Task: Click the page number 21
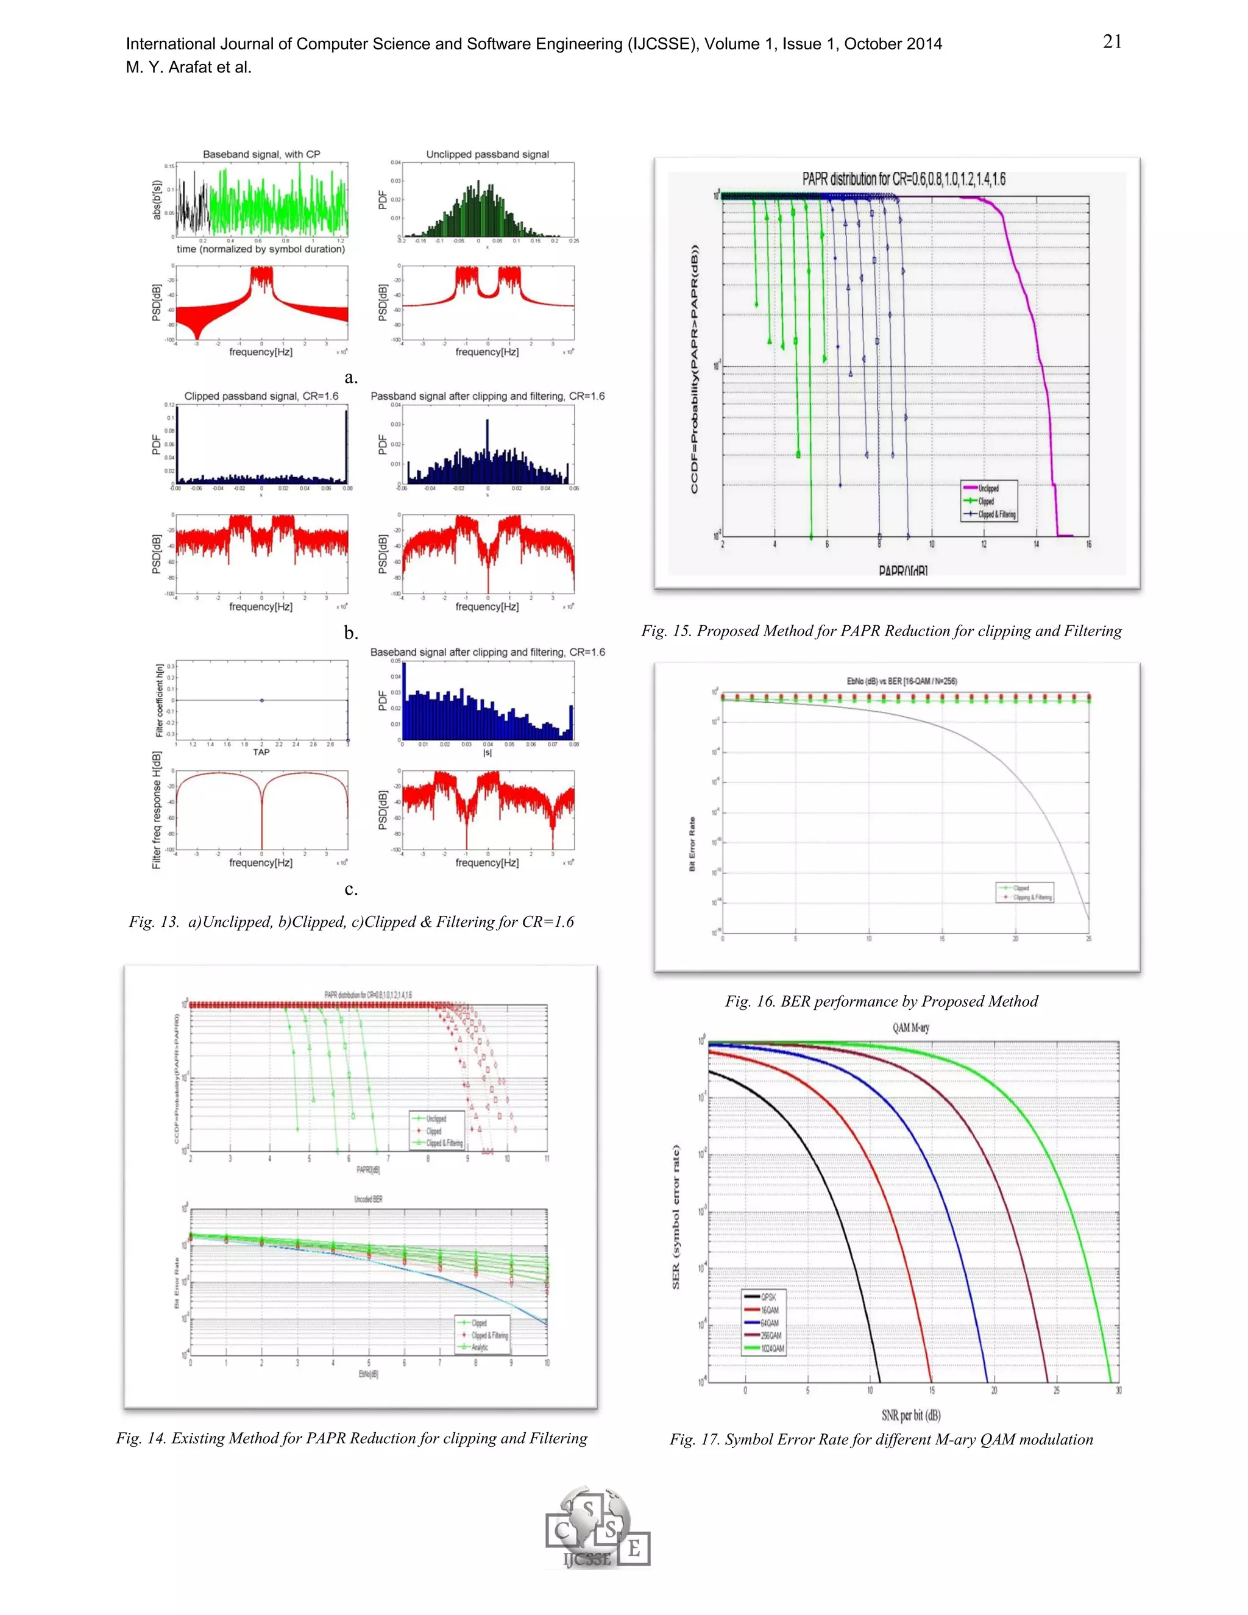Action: [x=1112, y=42]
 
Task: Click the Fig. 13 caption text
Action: [x=351, y=921]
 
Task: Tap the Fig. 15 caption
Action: [x=881, y=631]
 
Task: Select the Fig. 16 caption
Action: [x=881, y=1001]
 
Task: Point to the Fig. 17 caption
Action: [x=881, y=1439]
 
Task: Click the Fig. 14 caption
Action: [x=351, y=1438]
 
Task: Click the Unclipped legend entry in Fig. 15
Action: [x=988, y=488]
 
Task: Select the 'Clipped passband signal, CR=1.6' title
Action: [x=261, y=396]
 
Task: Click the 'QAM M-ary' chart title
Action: [x=911, y=1027]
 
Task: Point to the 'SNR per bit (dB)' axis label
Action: [x=911, y=1414]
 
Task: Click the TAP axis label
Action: [x=261, y=752]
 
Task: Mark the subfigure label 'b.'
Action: [x=351, y=633]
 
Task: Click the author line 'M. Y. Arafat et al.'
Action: [x=188, y=67]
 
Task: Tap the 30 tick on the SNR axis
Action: [x=1118, y=1390]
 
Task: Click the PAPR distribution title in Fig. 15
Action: [x=904, y=179]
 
